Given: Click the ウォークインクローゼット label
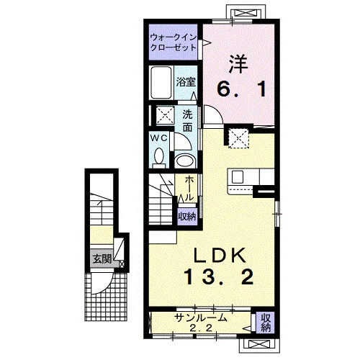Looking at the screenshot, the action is [174, 42].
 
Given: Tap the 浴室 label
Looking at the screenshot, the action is [186, 82].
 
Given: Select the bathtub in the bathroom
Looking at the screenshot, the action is [161, 82].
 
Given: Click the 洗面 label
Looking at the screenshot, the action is [187, 121].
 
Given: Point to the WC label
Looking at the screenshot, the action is [159, 138].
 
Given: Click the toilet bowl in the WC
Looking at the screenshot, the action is [159, 157].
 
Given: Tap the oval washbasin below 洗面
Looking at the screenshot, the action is [184, 161].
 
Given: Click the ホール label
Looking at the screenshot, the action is [189, 188].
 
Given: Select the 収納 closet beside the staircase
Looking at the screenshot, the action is [187, 217].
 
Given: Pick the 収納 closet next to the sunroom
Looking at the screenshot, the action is [266, 323].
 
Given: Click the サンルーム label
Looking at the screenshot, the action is [200, 318].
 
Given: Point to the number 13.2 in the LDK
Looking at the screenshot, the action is [219, 276].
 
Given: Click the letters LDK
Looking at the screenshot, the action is [220, 255].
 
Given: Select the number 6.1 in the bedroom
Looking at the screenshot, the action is [241, 89].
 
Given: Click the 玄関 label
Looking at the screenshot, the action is [102, 259].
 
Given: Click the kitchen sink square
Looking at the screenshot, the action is [238, 177].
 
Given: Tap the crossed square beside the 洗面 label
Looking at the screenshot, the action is [166, 115].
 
